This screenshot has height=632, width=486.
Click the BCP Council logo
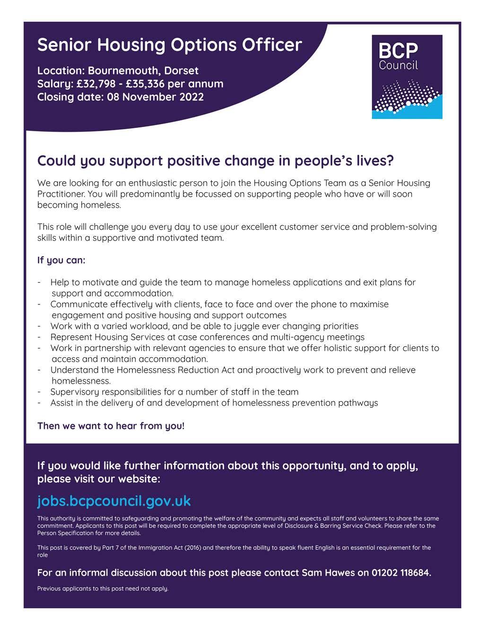coord(407,76)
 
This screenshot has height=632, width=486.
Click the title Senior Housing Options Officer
coord(169,45)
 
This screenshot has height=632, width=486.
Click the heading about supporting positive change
coord(215,161)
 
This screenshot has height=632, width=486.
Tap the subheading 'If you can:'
coord(61,260)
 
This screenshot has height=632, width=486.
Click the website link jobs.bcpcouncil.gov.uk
coord(114,501)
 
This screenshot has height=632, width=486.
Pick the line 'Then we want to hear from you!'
coord(111,426)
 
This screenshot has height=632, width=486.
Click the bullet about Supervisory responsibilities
coord(174,392)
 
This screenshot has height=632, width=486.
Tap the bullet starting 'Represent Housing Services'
coord(207,337)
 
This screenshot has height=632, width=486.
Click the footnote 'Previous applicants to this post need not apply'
coord(103,589)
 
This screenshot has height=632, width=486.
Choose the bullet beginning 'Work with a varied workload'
coord(204,326)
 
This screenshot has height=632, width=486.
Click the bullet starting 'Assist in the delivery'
coord(214,403)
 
